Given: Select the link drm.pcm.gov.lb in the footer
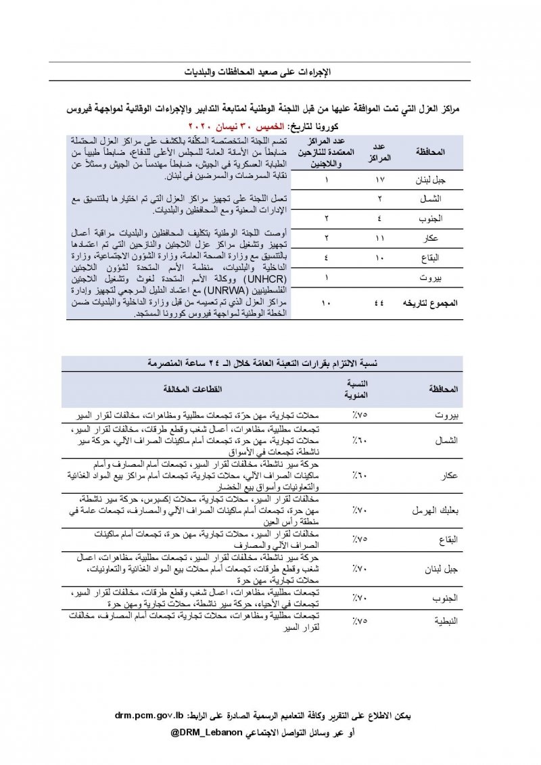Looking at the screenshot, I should (151, 715).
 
